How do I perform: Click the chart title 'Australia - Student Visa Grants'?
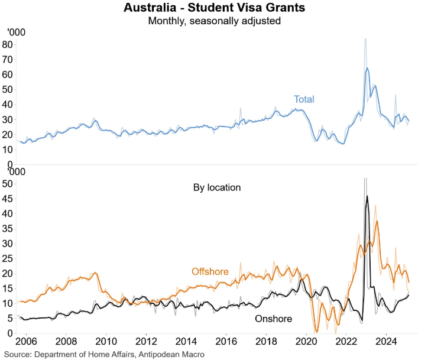point(214,9)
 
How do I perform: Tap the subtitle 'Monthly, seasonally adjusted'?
point(214,22)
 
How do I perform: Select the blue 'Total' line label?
point(304,99)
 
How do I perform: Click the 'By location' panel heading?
point(217,187)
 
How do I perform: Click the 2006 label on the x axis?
point(25,343)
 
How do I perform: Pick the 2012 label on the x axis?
point(146,343)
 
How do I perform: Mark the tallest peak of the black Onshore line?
point(367,196)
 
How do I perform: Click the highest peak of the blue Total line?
point(367,68)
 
